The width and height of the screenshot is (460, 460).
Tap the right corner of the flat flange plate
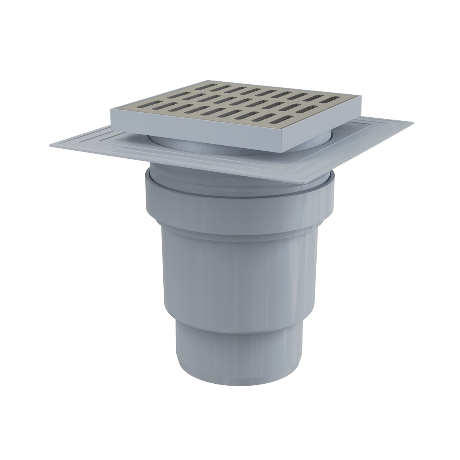(x=413, y=123)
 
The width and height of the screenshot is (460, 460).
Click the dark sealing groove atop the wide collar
(x=238, y=192)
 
